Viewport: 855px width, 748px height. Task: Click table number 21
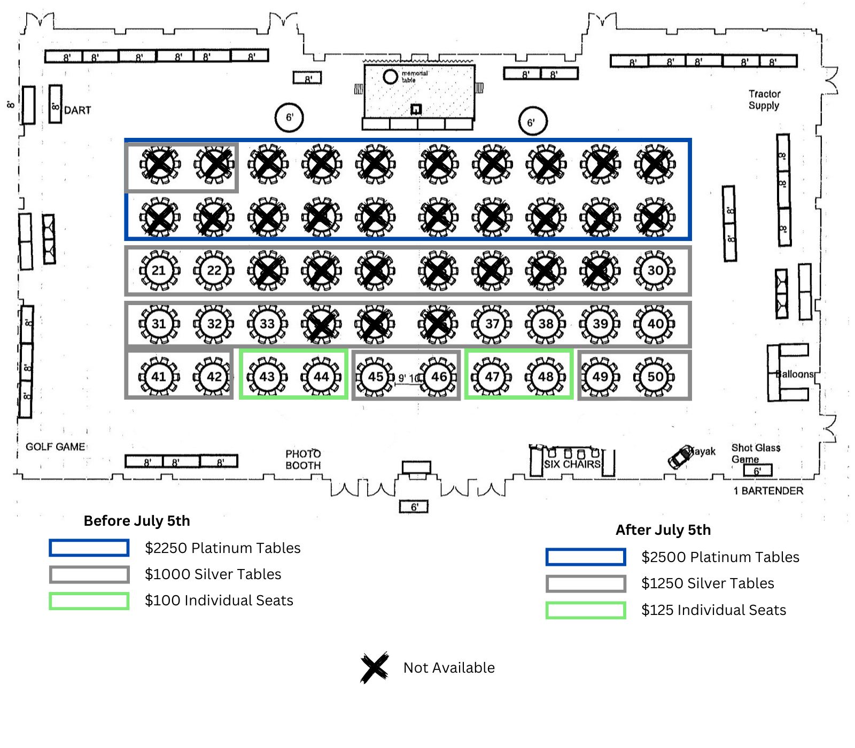[x=159, y=270]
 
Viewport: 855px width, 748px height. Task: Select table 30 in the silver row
[x=655, y=270]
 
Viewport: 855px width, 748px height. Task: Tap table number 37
[x=492, y=324]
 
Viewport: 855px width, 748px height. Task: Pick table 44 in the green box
[x=321, y=377]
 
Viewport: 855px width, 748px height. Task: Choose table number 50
[x=655, y=377]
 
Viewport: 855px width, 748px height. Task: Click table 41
[x=159, y=377]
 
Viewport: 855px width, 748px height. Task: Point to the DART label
[x=77, y=111]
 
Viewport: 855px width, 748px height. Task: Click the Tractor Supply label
[x=764, y=99]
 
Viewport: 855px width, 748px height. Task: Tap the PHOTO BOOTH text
[x=303, y=459]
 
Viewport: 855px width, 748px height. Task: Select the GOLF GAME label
[x=56, y=447]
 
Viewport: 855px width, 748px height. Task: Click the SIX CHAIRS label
[x=572, y=464]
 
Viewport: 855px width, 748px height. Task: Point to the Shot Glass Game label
[x=755, y=453]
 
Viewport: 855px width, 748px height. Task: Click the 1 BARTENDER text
[x=768, y=490]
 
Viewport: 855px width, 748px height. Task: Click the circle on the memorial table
[x=391, y=77]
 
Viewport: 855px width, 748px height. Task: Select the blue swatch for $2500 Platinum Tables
[x=586, y=557]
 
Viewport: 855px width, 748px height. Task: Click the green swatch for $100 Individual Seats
[x=89, y=601]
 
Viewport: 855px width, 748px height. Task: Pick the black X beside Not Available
[x=374, y=667]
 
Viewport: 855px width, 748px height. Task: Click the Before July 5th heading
[x=137, y=521]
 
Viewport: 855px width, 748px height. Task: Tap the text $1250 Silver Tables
[x=708, y=583]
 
